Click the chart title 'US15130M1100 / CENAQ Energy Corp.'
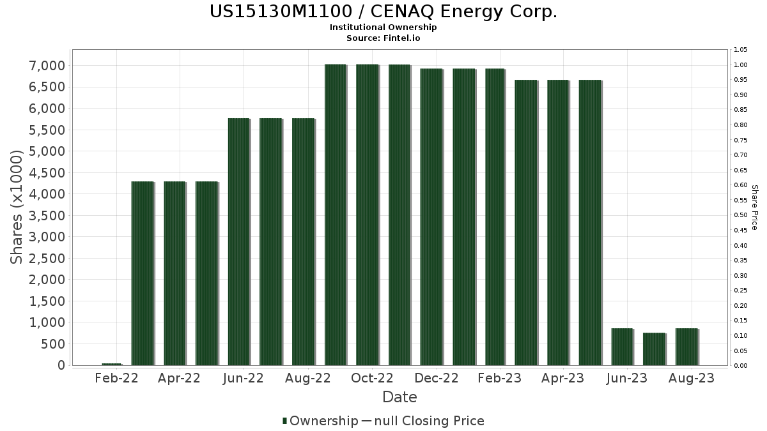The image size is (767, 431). (383, 11)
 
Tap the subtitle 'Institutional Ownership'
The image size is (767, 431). (383, 27)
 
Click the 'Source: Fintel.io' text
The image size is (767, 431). (383, 38)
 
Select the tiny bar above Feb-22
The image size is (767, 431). (111, 364)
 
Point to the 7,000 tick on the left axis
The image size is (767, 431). (47, 66)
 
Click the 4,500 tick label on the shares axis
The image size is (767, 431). (47, 173)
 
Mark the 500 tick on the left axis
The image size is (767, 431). (52, 344)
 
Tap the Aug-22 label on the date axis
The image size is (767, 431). (308, 378)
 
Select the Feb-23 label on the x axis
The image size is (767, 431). (500, 378)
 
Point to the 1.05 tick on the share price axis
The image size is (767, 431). (741, 50)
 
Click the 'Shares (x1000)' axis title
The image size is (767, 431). (17, 207)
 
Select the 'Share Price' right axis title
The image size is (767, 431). (754, 207)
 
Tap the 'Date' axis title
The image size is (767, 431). (399, 397)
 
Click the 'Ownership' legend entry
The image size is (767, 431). (323, 421)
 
